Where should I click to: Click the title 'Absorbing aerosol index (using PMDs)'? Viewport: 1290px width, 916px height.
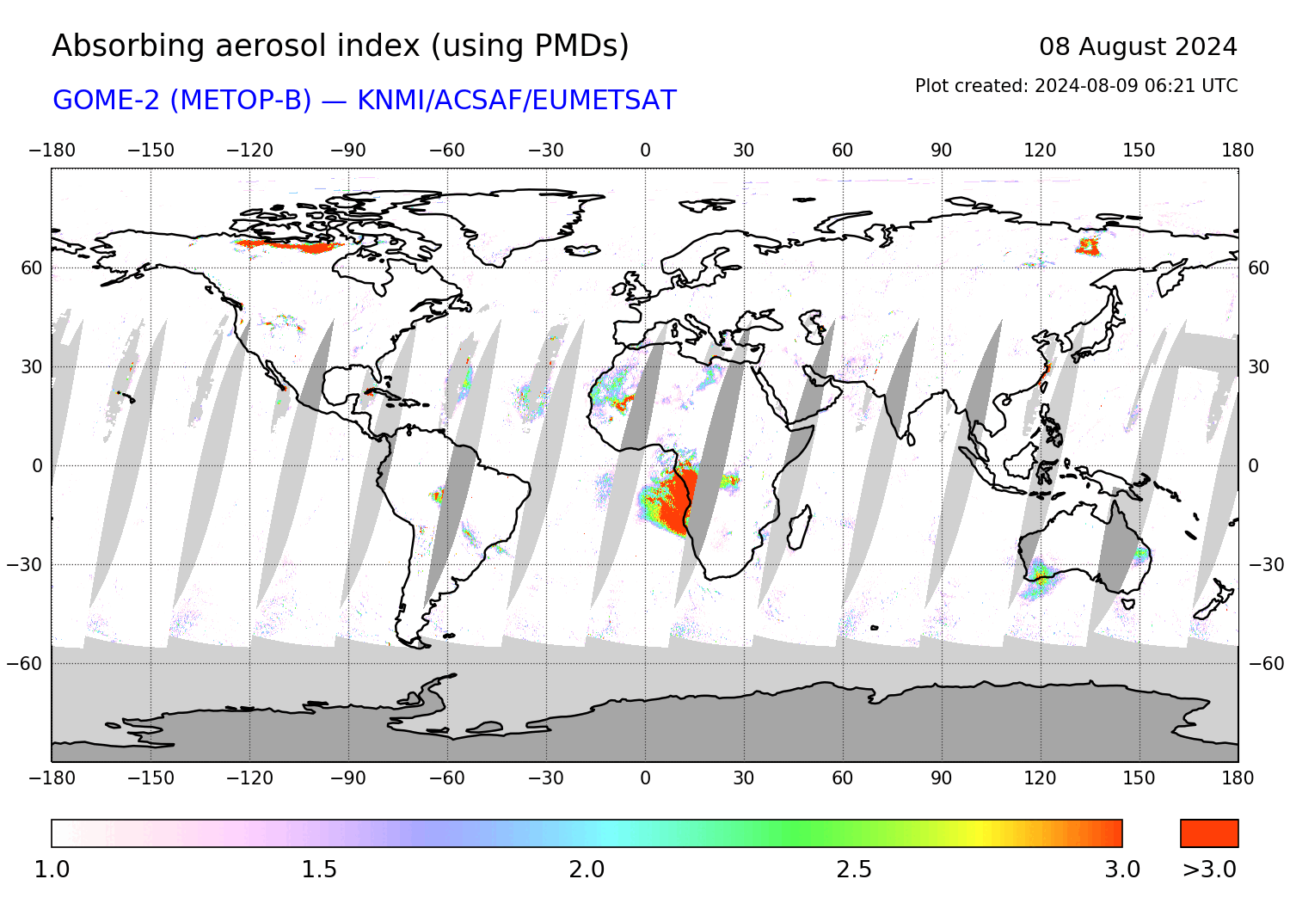tap(341, 46)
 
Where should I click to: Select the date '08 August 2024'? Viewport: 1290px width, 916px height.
tap(1137, 46)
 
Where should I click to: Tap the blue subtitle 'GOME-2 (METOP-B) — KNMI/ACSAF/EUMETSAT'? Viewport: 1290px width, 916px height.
tap(365, 101)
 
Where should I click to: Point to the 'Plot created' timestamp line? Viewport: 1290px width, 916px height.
tap(1076, 86)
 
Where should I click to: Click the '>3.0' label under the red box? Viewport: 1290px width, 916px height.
tap(1209, 870)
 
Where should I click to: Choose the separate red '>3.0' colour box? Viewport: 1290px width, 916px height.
tap(1209, 833)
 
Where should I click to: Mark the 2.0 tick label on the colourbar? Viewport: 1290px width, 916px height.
tap(587, 870)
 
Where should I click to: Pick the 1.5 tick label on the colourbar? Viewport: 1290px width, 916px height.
tap(319, 870)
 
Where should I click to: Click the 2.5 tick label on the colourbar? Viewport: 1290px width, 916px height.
tap(854, 870)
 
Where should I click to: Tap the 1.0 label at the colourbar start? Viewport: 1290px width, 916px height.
tap(52, 870)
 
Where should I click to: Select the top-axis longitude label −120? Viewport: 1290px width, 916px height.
tap(249, 151)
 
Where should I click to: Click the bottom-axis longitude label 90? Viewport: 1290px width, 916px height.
tap(941, 778)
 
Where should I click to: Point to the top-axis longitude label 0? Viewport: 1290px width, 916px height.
tap(645, 151)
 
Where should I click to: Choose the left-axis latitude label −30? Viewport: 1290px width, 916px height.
tap(25, 565)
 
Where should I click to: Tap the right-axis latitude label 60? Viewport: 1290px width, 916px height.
tap(1258, 268)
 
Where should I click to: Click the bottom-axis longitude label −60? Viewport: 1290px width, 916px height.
tap(447, 778)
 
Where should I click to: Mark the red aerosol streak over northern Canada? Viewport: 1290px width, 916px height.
tap(288, 247)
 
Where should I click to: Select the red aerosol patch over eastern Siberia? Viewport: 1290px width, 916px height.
tap(1088, 247)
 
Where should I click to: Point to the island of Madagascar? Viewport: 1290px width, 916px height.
tap(799, 526)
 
